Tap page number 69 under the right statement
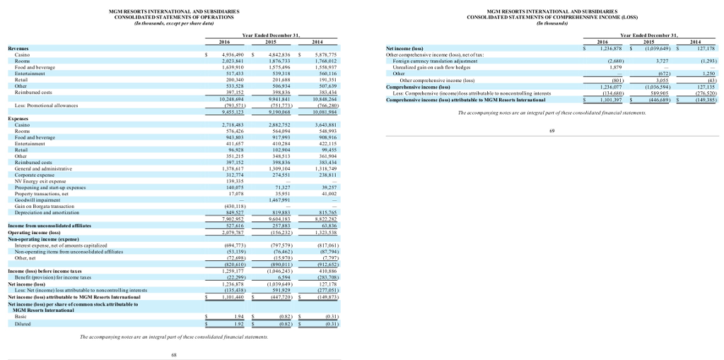[551, 130]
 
